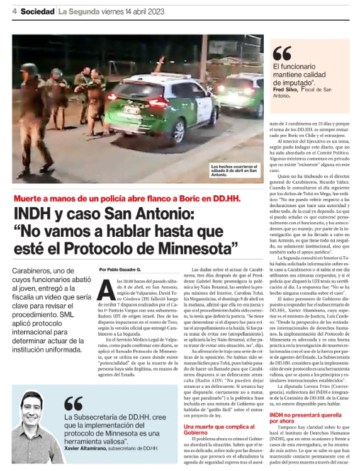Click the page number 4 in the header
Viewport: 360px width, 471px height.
pos(14,11)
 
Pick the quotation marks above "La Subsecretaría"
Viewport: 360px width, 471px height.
pos(73,403)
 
